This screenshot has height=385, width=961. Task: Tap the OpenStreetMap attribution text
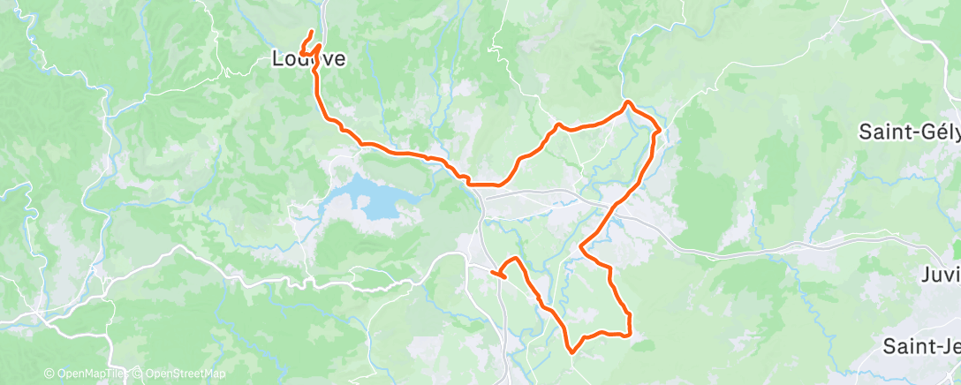point(182,374)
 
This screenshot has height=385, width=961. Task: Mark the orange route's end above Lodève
point(312,32)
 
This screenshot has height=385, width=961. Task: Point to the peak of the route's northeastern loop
point(628,103)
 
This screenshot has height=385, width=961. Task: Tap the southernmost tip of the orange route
point(572,351)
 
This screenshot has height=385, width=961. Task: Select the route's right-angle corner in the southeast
point(628,335)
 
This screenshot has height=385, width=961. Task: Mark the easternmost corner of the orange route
point(660,131)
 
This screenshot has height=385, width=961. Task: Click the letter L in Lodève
point(276,60)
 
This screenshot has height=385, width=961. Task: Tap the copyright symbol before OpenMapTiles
point(49,374)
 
